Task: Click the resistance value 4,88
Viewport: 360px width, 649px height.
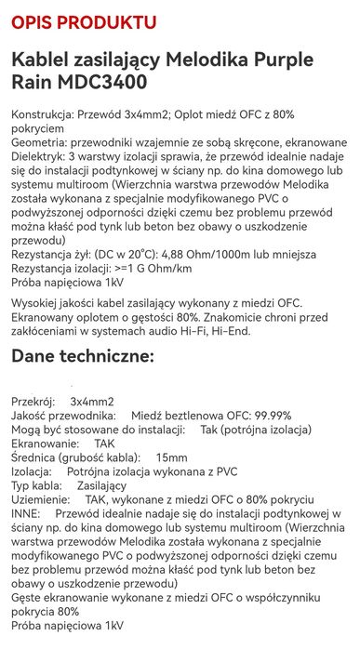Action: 184,254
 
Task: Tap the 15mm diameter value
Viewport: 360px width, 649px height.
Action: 171,458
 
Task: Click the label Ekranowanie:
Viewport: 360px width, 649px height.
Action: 47,444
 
